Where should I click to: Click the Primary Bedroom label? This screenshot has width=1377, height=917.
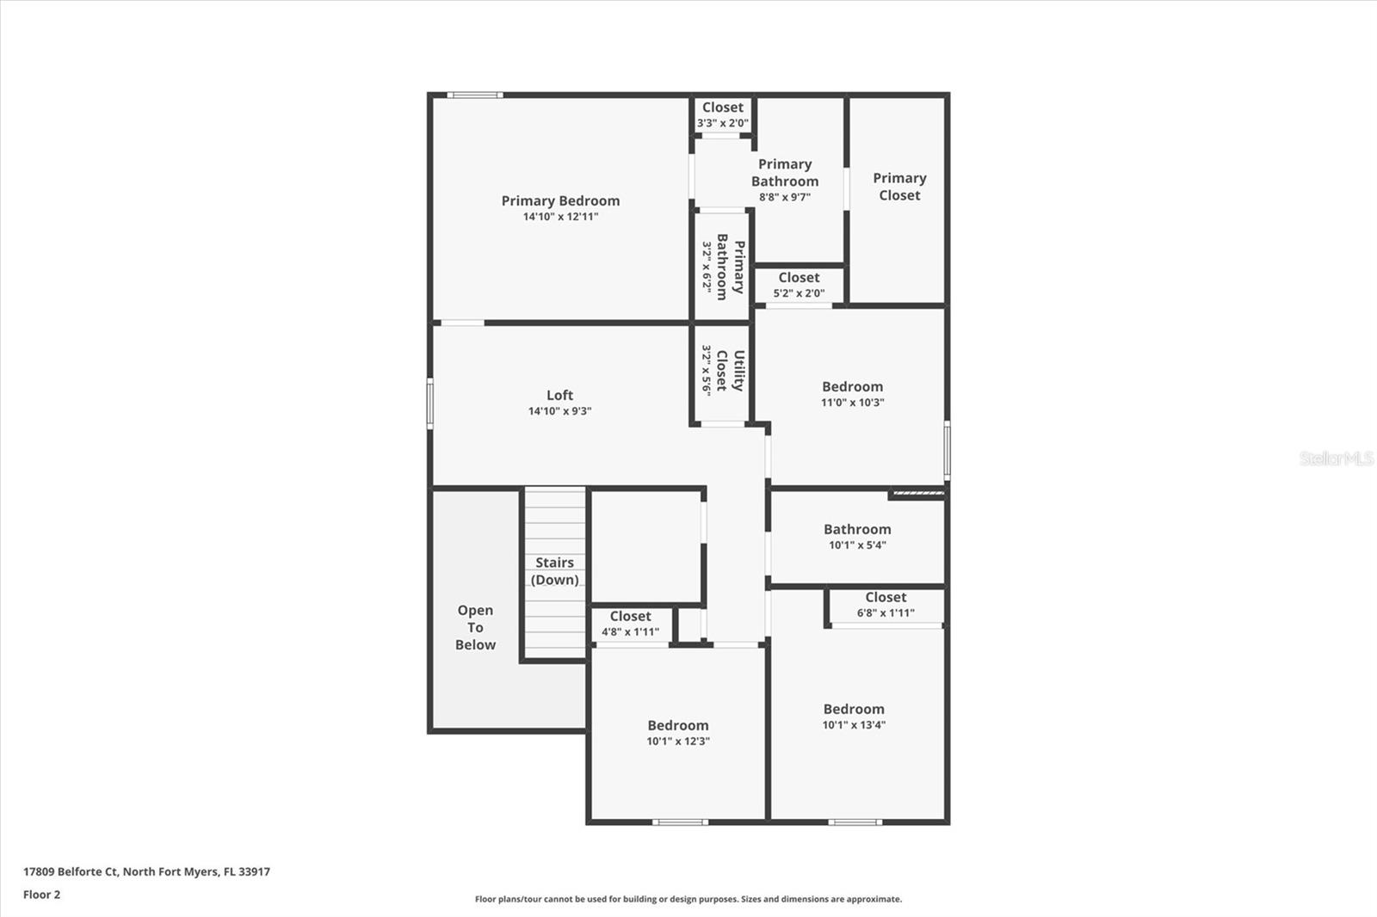click(560, 200)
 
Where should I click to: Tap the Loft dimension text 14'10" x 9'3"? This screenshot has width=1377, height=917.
click(559, 411)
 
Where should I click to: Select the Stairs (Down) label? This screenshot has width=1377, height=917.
click(554, 571)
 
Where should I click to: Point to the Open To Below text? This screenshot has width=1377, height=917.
click(475, 627)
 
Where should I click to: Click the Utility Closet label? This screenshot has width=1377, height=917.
click(730, 371)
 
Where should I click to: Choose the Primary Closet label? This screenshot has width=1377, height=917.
click(899, 187)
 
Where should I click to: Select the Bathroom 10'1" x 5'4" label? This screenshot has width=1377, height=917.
click(857, 530)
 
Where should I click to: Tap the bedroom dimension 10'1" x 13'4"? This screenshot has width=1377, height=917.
click(854, 725)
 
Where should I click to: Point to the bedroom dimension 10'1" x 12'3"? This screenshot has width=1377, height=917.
click(678, 742)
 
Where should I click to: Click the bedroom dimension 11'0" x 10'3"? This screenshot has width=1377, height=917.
click(852, 403)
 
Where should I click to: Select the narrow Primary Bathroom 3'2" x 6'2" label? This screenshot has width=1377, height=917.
click(722, 266)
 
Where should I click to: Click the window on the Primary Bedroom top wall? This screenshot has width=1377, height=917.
click(474, 95)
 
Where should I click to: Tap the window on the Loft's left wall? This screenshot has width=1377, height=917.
click(430, 403)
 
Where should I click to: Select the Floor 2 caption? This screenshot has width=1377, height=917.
click(41, 895)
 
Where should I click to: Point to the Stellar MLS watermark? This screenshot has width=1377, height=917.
click(1336, 459)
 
